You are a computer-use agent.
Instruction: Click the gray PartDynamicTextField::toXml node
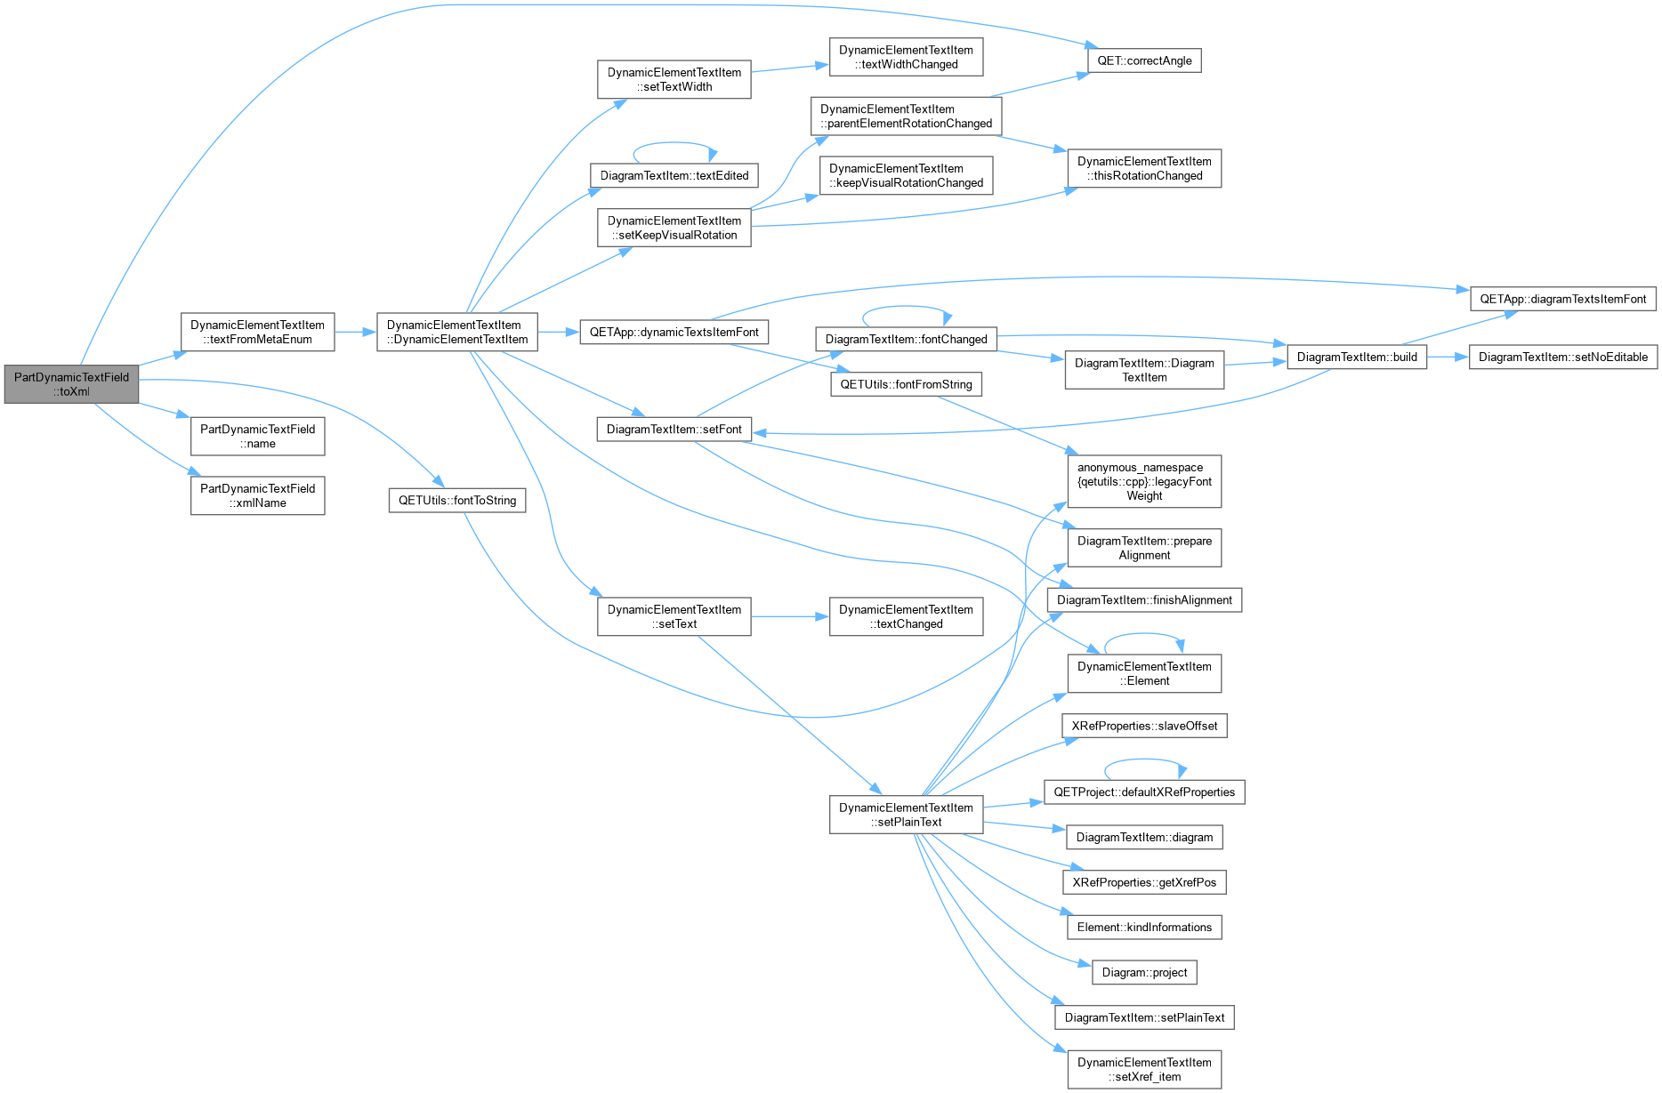71,384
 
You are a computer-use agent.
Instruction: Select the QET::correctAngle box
1144,60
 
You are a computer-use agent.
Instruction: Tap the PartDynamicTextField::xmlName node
257,495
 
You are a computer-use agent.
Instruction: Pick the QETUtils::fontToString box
457,501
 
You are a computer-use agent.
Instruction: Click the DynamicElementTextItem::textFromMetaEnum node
257,332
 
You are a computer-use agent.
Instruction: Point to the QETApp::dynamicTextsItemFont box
674,333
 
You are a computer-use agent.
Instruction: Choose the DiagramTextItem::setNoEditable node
1562,358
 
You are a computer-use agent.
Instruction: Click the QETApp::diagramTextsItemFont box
1562,300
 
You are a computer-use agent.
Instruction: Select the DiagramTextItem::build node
1357,358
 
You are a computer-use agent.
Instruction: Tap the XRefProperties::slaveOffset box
1144,726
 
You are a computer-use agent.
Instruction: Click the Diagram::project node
1144,972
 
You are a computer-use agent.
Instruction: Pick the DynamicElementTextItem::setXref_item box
1144,1069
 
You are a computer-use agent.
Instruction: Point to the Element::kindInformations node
1144,928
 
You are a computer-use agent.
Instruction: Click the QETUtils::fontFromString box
906,384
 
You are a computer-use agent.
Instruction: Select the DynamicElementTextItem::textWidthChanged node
906,57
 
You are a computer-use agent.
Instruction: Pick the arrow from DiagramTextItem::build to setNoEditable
1448,358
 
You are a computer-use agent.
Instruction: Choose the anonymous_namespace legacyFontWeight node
1144,481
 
